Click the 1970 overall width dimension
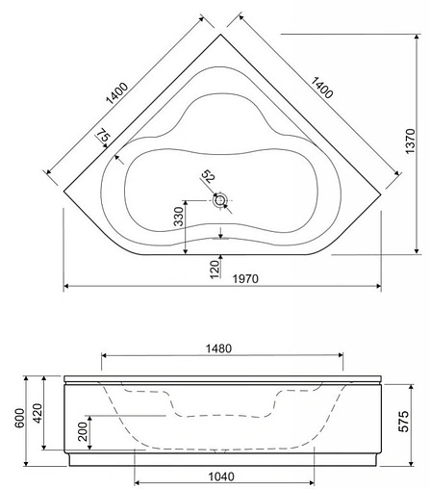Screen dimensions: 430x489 [245, 278]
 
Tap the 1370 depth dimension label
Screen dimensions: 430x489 [410, 142]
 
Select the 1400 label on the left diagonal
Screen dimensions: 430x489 [117, 93]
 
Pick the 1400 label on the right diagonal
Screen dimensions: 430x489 [322, 88]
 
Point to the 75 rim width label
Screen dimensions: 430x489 [103, 136]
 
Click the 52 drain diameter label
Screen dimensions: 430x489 [208, 176]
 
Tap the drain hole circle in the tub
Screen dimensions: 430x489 [220, 200]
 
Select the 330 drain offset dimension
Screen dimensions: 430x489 [179, 217]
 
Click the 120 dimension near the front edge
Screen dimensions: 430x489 [215, 269]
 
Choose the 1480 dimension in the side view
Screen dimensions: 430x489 [218, 348]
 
